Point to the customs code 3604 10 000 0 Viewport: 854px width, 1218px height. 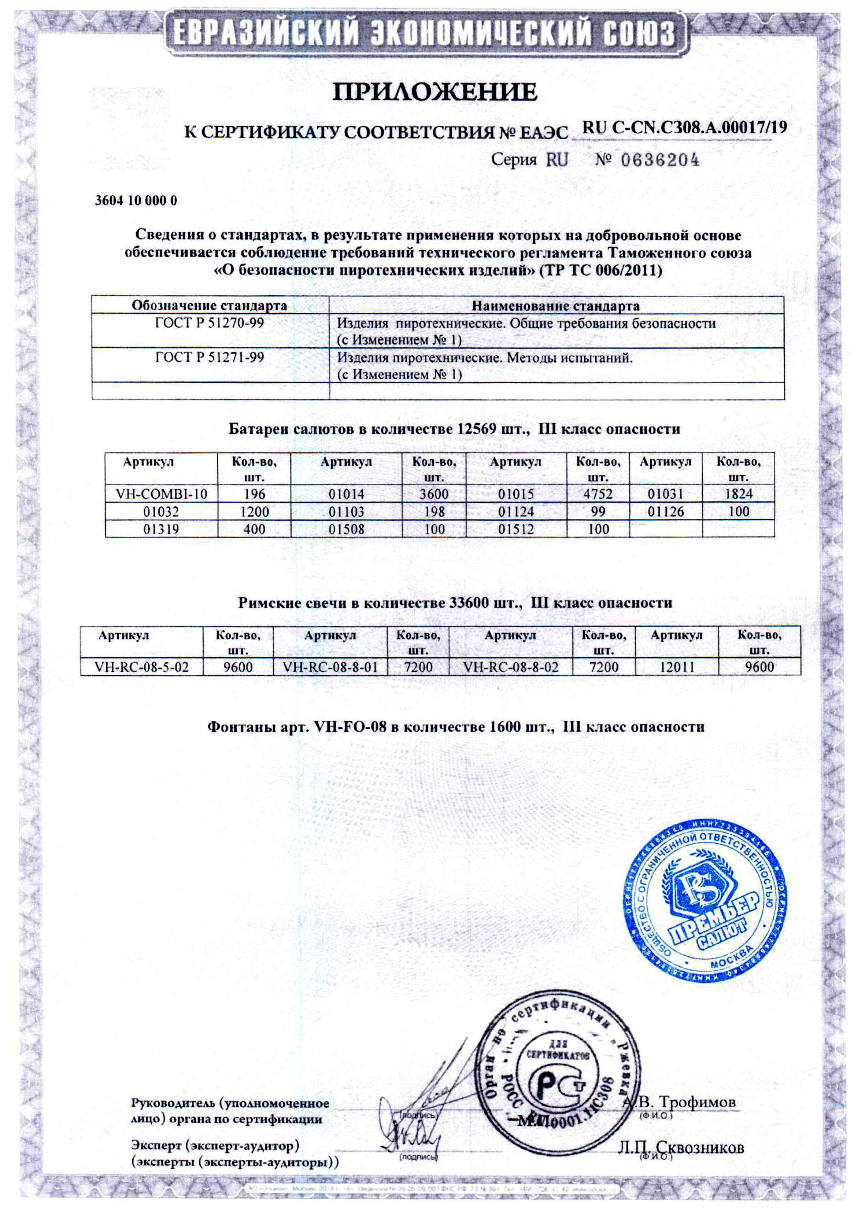(x=136, y=201)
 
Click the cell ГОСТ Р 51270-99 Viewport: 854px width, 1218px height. (x=210, y=323)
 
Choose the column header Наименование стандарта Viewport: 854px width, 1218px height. (x=555, y=306)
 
